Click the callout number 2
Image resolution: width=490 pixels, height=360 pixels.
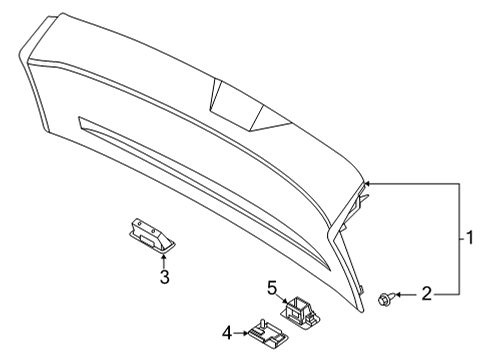click(425, 295)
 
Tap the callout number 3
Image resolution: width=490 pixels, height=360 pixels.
click(165, 277)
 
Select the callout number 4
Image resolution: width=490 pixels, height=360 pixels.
click(227, 331)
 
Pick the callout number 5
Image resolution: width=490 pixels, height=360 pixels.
click(270, 289)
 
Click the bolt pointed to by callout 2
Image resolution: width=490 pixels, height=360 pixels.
click(385, 296)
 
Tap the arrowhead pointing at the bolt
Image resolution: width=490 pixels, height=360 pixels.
click(398, 295)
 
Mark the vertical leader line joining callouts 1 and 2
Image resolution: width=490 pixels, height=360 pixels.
click(460, 239)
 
